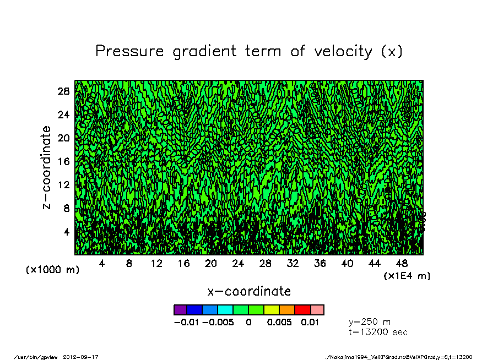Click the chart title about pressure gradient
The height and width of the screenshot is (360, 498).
pos(249,51)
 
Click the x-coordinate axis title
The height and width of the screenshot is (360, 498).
pos(249,291)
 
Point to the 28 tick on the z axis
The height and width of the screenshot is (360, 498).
pos(64,91)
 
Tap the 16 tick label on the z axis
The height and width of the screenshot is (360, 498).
pos(64,161)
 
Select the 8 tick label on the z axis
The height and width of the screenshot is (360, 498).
pos(66,208)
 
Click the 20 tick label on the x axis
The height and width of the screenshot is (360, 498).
pos(211,264)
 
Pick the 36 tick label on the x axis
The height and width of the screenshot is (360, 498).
pos(320,264)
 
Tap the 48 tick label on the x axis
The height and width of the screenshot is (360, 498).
pos(402,264)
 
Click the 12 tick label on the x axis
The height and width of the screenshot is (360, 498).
pos(156,264)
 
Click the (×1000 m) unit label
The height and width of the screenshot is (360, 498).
pos(53,270)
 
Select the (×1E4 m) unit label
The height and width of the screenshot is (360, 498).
pos(407,276)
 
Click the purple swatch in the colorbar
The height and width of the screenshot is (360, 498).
pos(180,310)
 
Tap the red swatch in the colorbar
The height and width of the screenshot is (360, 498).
pos(302,310)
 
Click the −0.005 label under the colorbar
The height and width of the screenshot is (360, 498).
pos(218,323)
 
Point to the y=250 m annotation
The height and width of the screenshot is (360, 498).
pos(370,322)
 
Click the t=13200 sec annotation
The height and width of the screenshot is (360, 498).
pos(378,332)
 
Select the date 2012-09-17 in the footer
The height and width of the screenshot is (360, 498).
pos(85,357)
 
